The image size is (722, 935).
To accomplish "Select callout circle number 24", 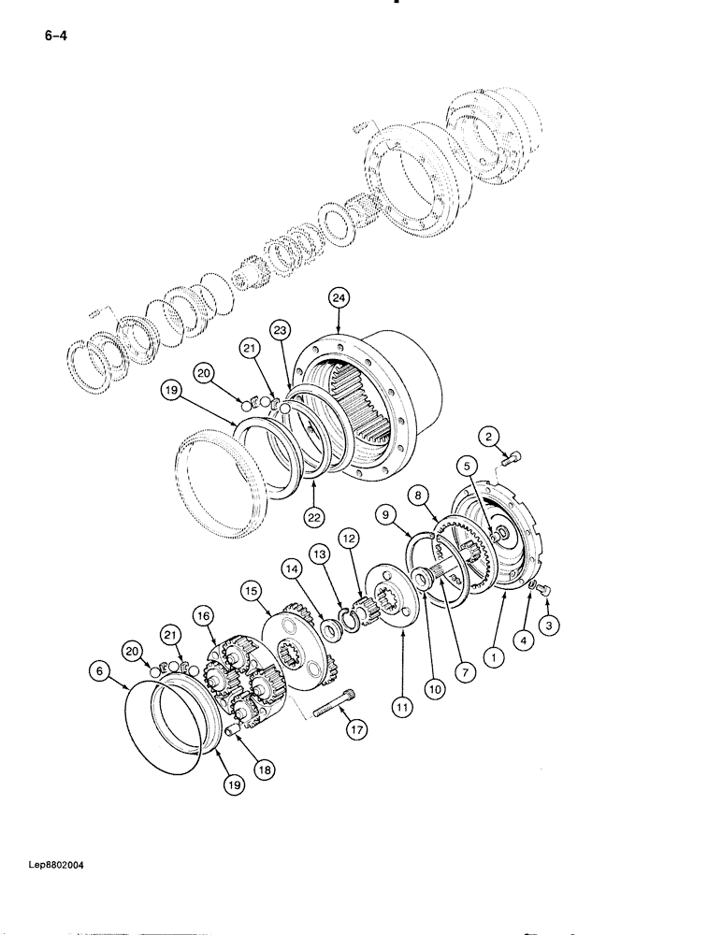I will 339,298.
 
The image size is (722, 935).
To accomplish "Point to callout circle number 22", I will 314,512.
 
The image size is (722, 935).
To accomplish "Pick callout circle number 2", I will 488,435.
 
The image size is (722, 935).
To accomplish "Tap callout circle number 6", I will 100,669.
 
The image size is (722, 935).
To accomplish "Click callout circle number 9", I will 383,512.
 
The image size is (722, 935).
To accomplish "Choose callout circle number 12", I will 349,539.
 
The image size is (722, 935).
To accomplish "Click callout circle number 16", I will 204,614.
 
